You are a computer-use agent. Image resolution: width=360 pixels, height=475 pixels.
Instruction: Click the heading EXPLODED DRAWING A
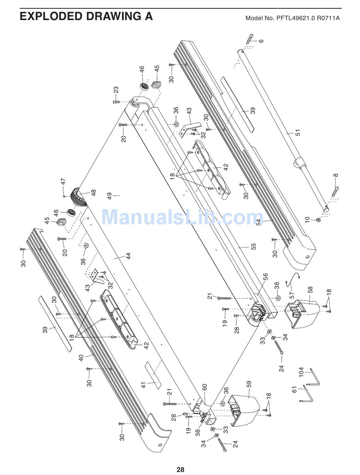click(86, 16)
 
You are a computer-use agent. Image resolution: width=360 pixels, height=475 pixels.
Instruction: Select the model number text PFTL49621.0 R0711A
click(293, 18)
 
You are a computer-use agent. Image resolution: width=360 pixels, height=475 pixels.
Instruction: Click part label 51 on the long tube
click(298, 133)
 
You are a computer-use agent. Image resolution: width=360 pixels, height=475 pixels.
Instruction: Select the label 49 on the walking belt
click(110, 196)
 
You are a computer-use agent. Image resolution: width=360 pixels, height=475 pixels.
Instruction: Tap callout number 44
click(128, 256)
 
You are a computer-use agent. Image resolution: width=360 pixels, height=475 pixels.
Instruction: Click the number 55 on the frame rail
click(254, 246)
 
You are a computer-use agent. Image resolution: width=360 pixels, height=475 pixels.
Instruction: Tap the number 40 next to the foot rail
click(81, 357)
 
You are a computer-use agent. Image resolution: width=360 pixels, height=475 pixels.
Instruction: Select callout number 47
click(63, 182)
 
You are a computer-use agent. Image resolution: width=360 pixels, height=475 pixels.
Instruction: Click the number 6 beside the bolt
click(261, 41)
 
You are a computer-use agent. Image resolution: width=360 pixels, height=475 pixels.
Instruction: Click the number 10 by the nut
click(307, 219)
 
